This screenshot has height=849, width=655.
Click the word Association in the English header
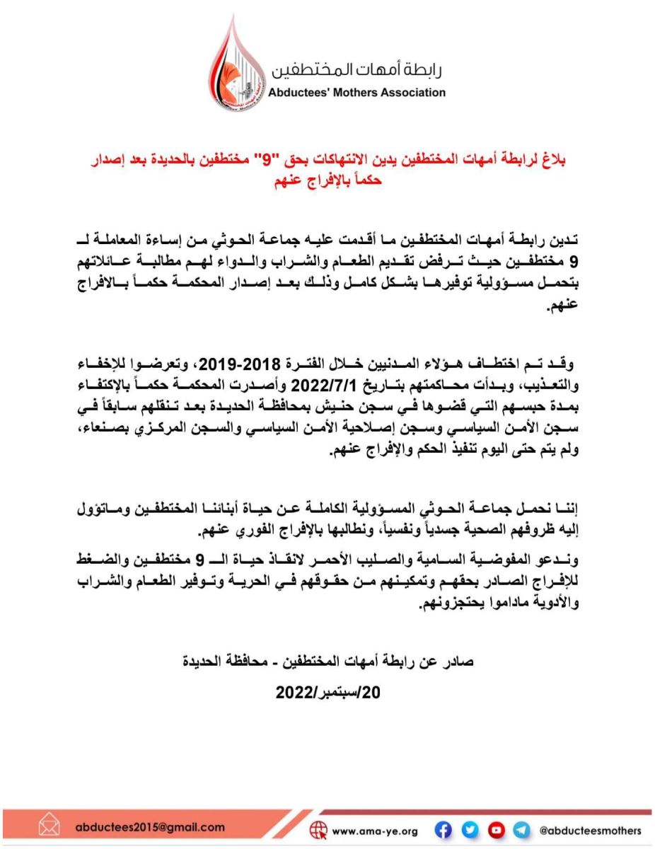pyautogui.click(x=410, y=92)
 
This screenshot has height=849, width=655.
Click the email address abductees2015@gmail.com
pyautogui.click(x=149, y=827)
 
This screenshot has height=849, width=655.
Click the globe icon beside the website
pyautogui.click(x=319, y=830)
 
